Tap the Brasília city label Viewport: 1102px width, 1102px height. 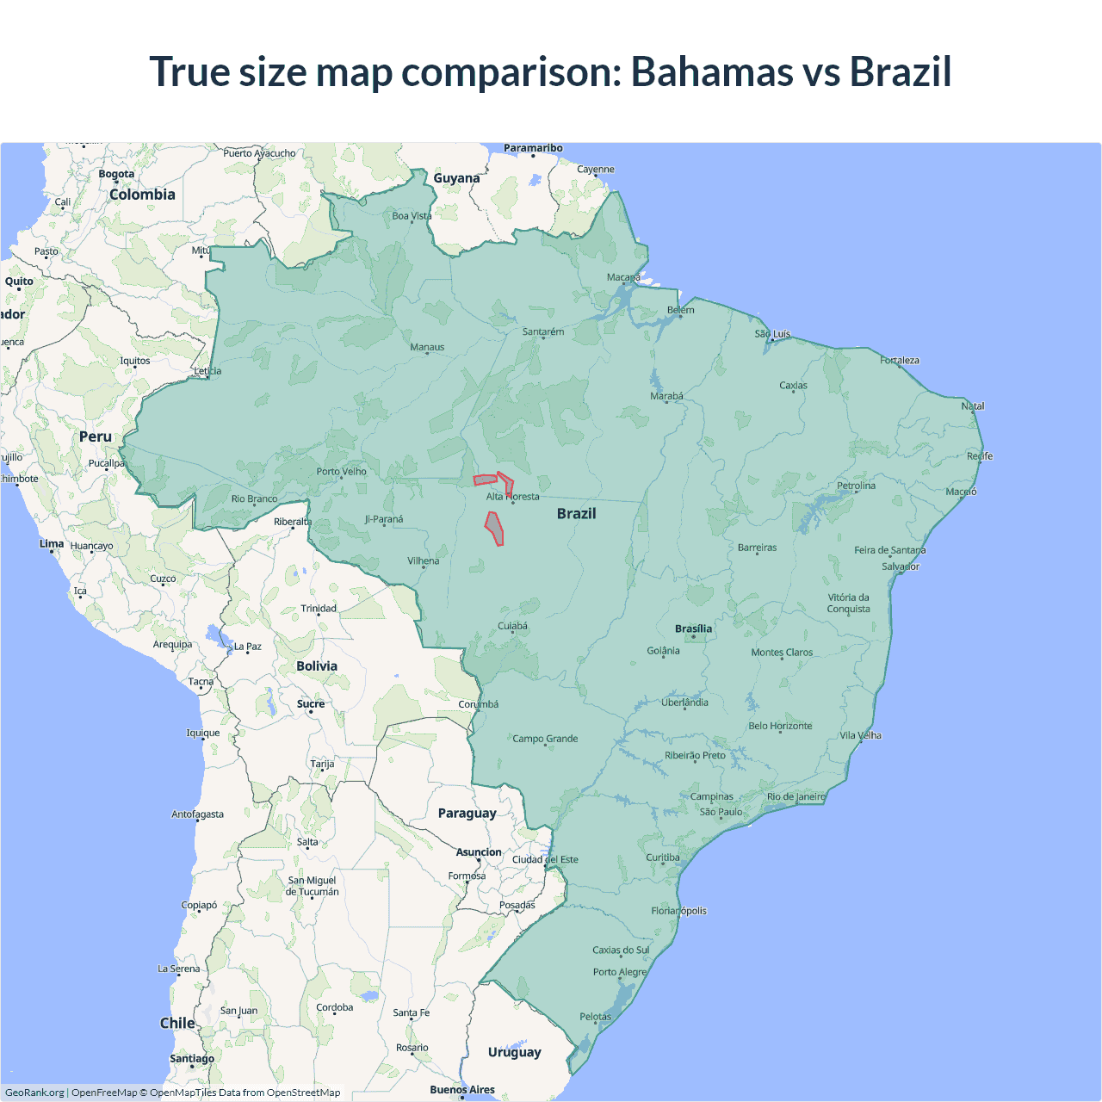[x=693, y=628]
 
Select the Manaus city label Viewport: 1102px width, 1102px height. [x=427, y=347]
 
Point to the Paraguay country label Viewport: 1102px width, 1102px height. [x=467, y=813]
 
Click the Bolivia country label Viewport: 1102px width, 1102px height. [x=317, y=666]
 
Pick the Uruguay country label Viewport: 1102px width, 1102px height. [x=514, y=1052]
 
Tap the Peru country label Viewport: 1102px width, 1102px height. [x=96, y=436]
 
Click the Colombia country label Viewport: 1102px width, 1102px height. [x=142, y=195]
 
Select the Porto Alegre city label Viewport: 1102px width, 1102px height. [x=619, y=972]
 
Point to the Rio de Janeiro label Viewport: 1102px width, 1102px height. [x=796, y=796]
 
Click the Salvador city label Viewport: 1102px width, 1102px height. [x=901, y=566]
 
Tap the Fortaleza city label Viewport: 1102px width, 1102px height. [x=900, y=360]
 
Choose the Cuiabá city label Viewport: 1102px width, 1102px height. [x=512, y=626]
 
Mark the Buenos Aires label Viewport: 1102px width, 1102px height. [x=462, y=1089]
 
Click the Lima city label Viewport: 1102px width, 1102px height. [x=52, y=543]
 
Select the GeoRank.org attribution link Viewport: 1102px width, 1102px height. [x=34, y=1093]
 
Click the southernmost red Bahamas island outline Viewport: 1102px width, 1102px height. [x=494, y=528]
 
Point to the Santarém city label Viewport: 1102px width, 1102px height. [x=543, y=331]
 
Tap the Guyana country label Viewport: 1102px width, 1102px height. [x=456, y=178]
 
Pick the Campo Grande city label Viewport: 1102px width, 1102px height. [x=545, y=739]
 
